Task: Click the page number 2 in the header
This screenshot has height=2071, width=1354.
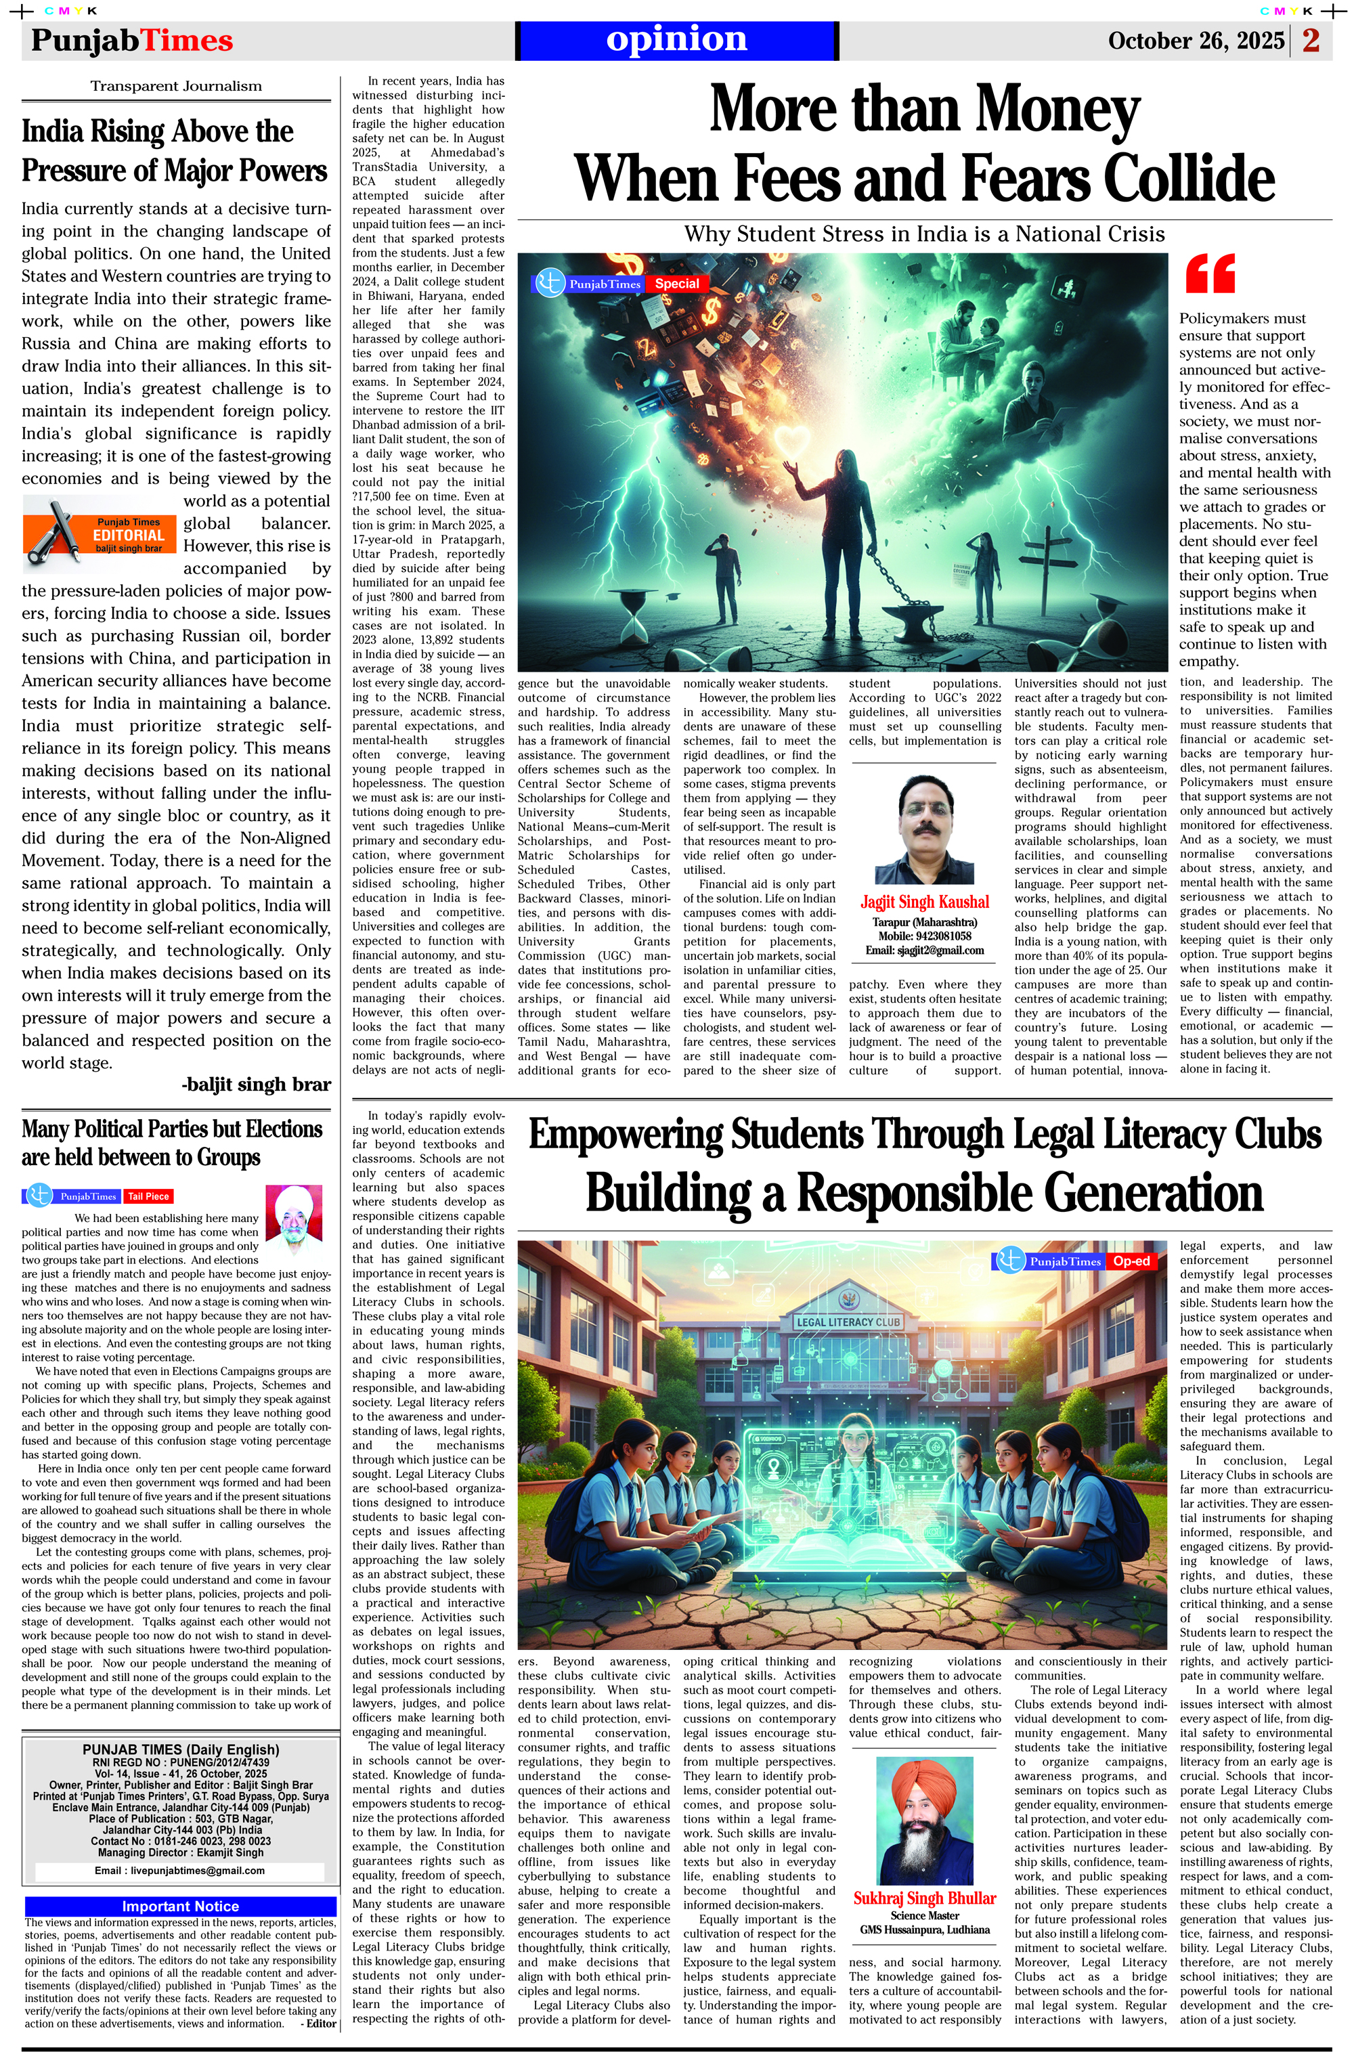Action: pyautogui.click(x=1311, y=40)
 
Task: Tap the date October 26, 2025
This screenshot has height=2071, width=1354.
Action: pyautogui.click(x=1196, y=41)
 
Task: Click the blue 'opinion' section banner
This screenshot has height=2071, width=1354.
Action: pyautogui.click(x=676, y=40)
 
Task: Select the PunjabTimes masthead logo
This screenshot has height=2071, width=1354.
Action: pyautogui.click(x=132, y=41)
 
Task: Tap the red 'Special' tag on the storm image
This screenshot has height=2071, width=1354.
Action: pyautogui.click(x=677, y=284)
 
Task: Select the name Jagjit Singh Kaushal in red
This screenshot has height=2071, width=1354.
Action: pyautogui.click(x=924, y=902)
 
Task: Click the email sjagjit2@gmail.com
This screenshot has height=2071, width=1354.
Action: pyautogui.click(x=924, y=951)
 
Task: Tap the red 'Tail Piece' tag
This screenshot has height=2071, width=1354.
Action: pyautogui.click(x=148, y=1196)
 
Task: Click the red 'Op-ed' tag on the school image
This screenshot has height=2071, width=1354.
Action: pyautogui.click(x=1131, y=1261)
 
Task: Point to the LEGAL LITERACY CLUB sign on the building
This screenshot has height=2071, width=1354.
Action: pyautogui.click(x=848, y=1322)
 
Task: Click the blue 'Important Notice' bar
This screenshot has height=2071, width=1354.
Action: pyautogui.click(x=180, y=1906)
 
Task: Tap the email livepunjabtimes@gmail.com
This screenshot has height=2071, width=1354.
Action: pyautogui.click(x=179, y=1870)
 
